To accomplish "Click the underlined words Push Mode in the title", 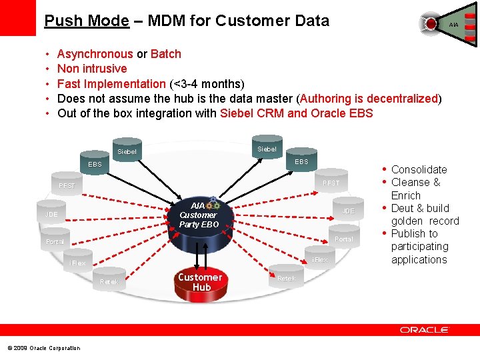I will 86,21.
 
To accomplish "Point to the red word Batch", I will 166,54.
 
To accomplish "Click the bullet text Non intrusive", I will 92,69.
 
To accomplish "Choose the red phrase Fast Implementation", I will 111,84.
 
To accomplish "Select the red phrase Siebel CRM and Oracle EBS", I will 296,113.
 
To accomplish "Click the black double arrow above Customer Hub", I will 200,254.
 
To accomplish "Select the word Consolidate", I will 419,169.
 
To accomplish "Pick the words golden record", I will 425,221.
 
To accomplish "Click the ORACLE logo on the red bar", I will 425,329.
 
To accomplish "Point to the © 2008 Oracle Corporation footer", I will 43,348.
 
